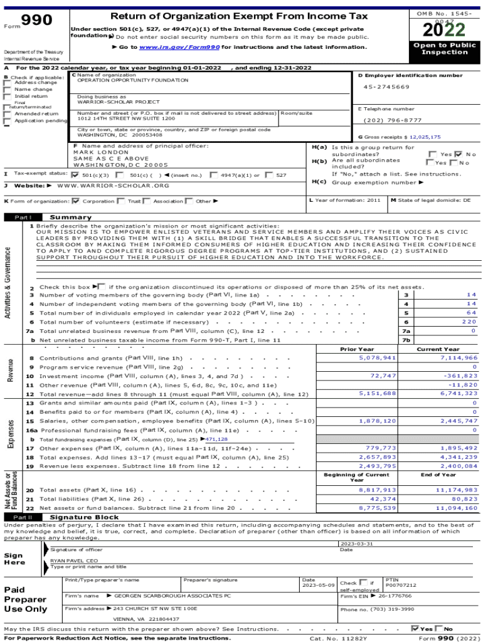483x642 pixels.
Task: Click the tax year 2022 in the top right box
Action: click(x=444, y=29)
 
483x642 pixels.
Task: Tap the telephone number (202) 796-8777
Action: click(x=393, y=120)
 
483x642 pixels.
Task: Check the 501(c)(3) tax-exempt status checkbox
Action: click(x=75, y=175)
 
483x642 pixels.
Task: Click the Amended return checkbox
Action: click(x=7, y=114)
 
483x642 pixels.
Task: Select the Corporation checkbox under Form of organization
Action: click(x=76, y=201)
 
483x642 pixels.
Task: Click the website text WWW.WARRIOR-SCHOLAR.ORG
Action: click(x=113, y=186)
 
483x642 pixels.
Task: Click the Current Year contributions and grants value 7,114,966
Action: click(x=459, y=357)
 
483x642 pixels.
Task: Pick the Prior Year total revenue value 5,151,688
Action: click(x=377, y=393)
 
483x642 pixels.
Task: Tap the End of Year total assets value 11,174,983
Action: click(x=457, y=490)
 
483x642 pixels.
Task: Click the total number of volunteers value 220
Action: click(x=469, y=322)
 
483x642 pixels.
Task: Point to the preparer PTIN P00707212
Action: click(x=400, y=585)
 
